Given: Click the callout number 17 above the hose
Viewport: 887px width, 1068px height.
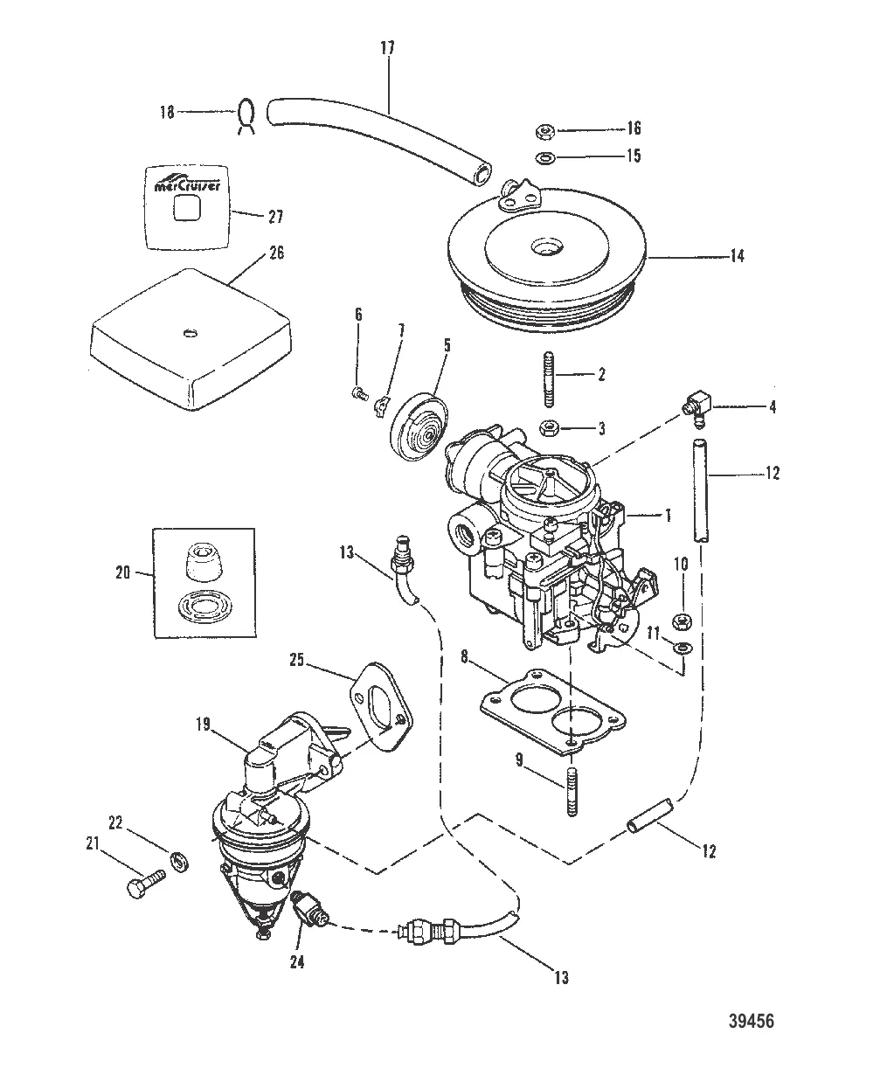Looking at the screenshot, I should (387, 48).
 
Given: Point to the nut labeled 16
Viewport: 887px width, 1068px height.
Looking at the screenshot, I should (543, 132).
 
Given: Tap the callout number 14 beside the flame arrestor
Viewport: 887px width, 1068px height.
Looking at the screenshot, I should (737, 257).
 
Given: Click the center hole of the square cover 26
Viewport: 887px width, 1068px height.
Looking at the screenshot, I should (190, 331).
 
